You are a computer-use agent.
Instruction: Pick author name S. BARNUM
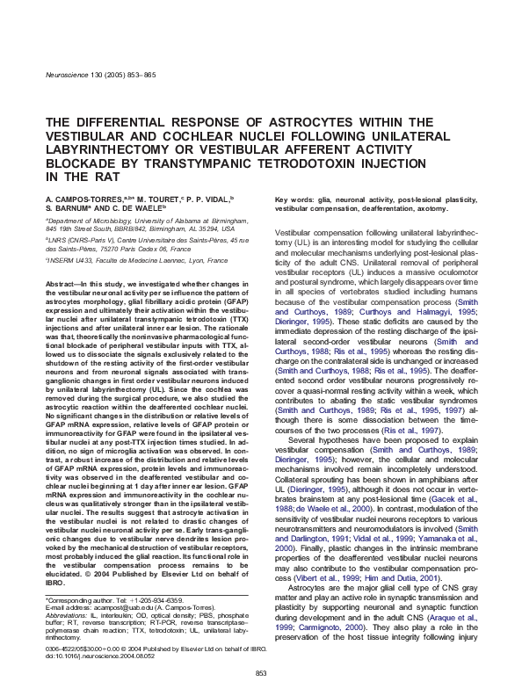[67, 210]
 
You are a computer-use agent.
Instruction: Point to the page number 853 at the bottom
[261, 674]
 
